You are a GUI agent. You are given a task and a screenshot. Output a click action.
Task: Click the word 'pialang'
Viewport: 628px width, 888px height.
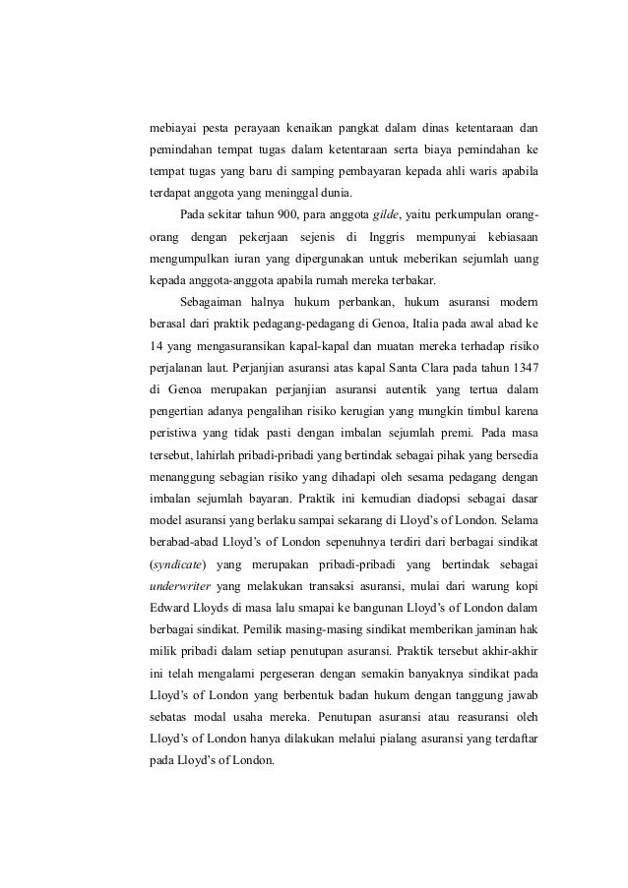pyautogui.click(x=383, y=734)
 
